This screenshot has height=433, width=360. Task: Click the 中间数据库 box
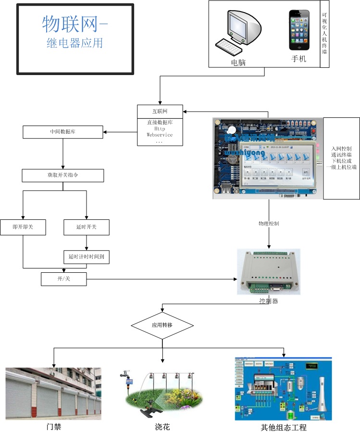tap(63, 132)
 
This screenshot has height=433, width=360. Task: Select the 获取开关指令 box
tap(63, 176)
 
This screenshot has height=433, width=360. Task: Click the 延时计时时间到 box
tap(87, 257)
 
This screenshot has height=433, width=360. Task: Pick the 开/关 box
tap(64, 279)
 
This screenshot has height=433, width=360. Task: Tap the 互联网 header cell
tap(160, 111)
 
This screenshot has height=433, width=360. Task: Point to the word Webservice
tap(160, 135)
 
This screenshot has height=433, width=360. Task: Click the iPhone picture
tap(298, 31)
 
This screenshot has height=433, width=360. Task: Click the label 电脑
tap(238, 62)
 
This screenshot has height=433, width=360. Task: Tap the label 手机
tap(298, 60)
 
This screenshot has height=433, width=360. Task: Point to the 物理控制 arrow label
tap(269, 224)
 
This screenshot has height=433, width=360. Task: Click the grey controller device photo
tap(269, 272)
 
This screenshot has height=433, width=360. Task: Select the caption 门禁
tap(54, 427)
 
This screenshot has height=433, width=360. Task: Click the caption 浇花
tap(162, 427)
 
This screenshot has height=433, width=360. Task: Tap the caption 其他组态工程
tap(284, 427)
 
